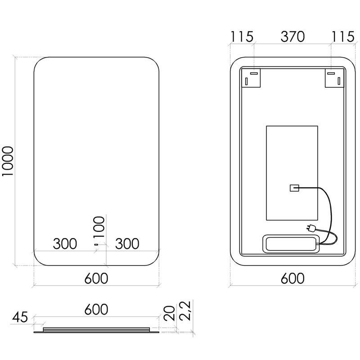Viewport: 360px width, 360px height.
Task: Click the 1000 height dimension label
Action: [8, 161]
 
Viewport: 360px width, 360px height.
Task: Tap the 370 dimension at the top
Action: [292, 36]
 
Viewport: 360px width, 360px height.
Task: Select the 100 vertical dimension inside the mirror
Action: [99, 227]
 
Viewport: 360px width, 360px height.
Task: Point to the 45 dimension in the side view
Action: [20, 317]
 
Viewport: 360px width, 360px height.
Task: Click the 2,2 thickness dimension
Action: [185, 310]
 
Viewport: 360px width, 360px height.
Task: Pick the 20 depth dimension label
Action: [169, 313]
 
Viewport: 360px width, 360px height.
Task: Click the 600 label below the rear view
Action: [292, 278]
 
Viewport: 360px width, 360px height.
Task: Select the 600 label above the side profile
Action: [96, 309]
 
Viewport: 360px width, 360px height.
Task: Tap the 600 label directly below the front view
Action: [96, 278]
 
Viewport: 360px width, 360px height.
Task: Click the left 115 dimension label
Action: [242, 36]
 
